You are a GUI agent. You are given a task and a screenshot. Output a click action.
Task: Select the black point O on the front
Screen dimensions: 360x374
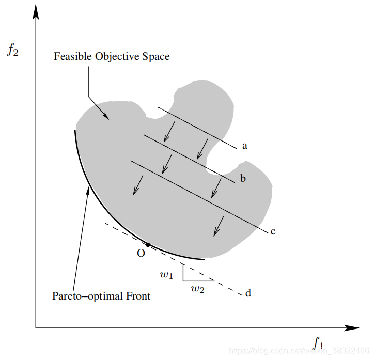tap(148, 244)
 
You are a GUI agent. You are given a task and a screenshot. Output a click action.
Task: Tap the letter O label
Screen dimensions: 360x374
tap(141, 254)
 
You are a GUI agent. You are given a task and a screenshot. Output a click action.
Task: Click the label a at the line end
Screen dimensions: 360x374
tap(245, 146)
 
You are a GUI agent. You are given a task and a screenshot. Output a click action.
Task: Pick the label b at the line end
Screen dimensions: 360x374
tap(243, 179)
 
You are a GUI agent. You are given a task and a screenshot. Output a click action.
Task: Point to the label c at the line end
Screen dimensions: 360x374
tap(273, 231)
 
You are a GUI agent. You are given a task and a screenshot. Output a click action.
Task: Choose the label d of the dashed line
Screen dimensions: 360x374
tap(248, 293)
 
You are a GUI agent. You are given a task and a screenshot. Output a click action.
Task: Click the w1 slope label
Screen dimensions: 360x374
tap(166, 275)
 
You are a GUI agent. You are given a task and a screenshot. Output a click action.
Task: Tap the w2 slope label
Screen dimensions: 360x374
tap(198, 289)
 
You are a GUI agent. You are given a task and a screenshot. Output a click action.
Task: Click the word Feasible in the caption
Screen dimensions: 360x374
tap(72, 57)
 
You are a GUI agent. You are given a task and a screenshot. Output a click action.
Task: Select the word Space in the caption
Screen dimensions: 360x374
tap(154, 57)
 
